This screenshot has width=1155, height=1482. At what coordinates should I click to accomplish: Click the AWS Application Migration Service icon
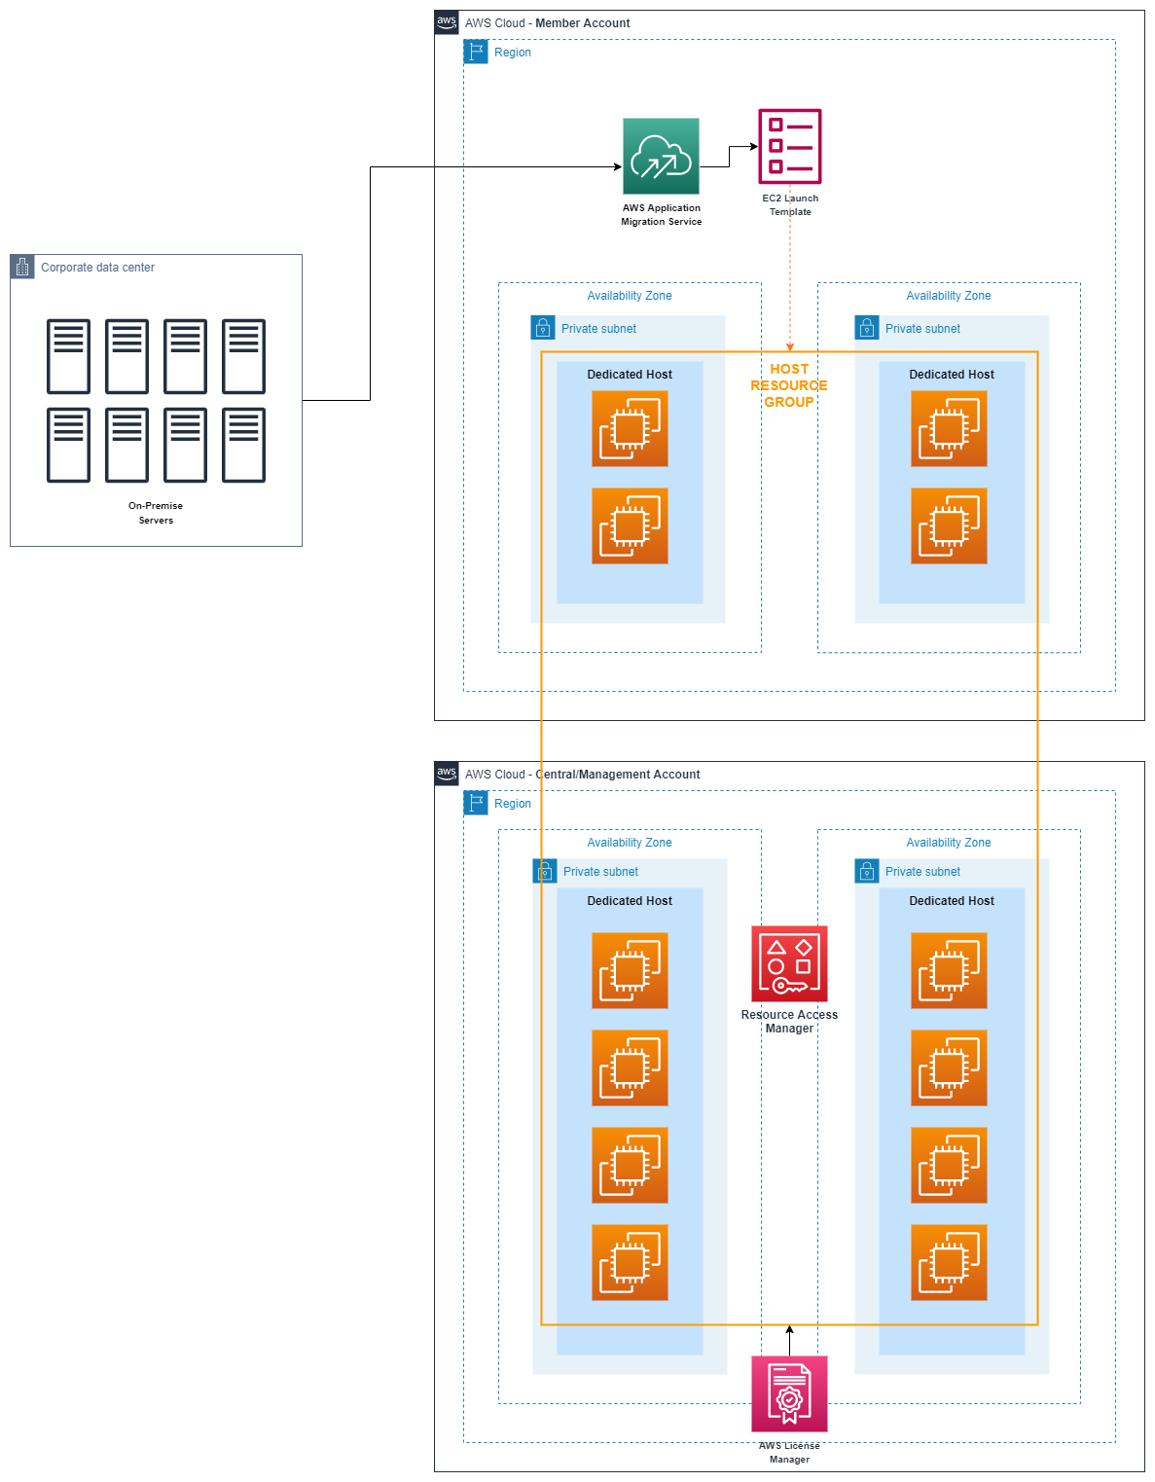(x=661, y=156)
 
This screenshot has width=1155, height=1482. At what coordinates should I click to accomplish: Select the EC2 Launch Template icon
(x=789, y=146)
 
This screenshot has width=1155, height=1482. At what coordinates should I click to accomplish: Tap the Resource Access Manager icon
(x=789, y=963)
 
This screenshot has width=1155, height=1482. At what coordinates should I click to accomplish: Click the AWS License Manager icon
(x=789, y=1393)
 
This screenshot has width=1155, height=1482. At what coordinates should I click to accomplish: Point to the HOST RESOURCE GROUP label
(x=789, y=385)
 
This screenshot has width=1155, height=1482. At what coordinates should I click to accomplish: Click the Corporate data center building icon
(x=22, y=267)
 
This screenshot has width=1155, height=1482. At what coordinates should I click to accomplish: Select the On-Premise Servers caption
(x=156, y=513)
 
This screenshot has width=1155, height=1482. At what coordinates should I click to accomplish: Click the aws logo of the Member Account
(x=447, y=22)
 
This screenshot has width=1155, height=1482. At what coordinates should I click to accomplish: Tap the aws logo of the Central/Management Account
(x=447, y=774)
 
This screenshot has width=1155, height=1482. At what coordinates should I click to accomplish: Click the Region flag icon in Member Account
(x=476, y=52)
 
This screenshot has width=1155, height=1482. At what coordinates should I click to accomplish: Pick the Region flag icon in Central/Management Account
(x=476, y=803)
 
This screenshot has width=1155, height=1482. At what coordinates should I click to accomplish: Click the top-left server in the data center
(x=68, y=356)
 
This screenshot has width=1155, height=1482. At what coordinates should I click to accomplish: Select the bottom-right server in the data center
(x=243, y=445)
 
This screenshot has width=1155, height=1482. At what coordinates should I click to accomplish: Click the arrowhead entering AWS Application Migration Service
(x=617, y=166)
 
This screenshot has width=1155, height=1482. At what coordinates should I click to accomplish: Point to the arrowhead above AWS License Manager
(x=789, y=1330)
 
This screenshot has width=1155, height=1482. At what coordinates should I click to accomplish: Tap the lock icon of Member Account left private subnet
(x=543, y=328)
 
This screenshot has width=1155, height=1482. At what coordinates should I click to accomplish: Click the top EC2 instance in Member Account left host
(x=630, y=428)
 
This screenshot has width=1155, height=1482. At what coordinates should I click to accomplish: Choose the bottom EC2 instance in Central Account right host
(x=949, y=1262)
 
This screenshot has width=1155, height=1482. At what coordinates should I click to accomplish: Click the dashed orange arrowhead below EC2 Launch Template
(x=790, y=346)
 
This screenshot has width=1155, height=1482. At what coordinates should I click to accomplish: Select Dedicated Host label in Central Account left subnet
(x=630, y=901)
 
